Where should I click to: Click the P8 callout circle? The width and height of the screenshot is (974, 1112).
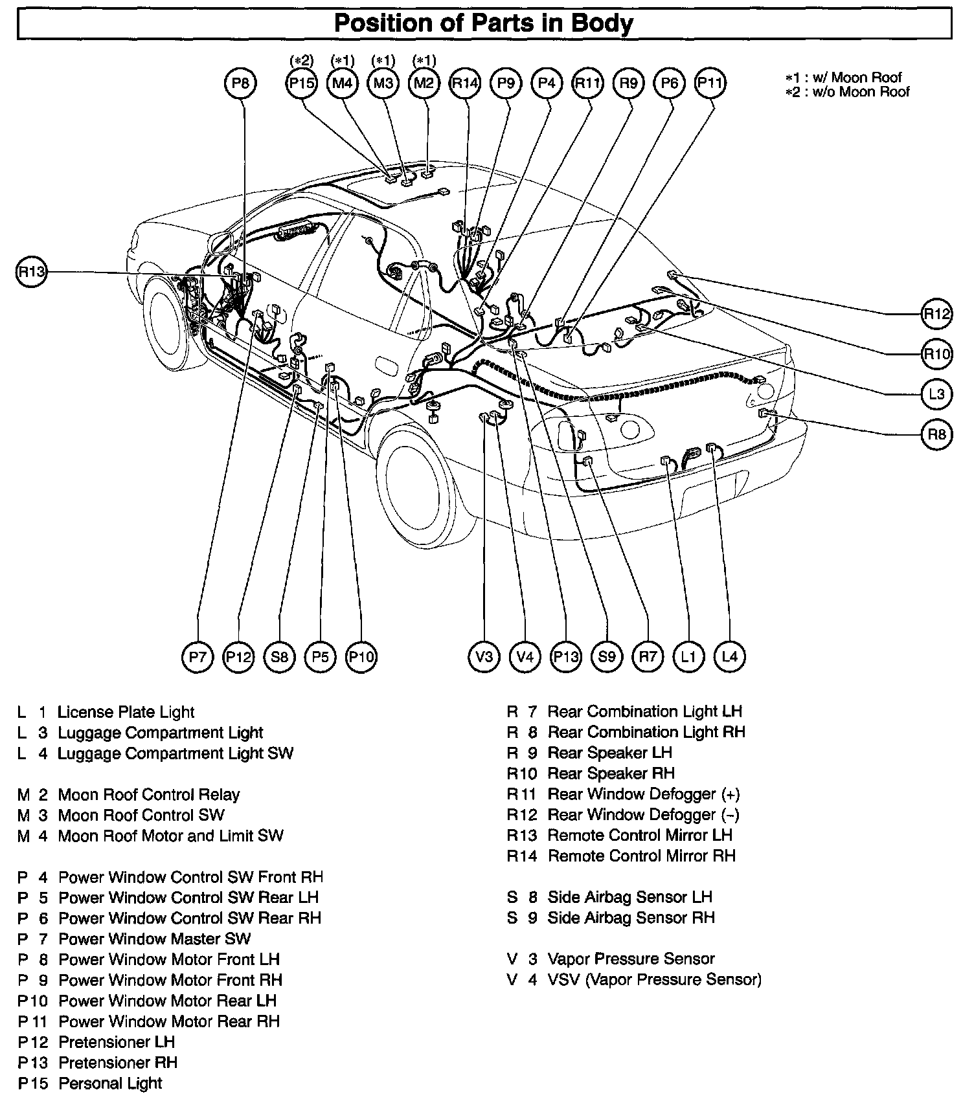[x=240, y=83]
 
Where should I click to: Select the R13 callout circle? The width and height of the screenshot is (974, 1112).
[x=31, y=272]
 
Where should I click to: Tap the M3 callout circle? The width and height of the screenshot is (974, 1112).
[x=383, y=83]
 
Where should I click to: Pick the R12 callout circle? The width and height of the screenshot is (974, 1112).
[x=936, y=314]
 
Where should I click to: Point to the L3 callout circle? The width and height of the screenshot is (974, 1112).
[x=936, y=394]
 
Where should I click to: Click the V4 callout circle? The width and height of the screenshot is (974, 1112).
[x=525, y=657]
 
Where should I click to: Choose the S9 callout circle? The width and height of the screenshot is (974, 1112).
[x=607, y=657]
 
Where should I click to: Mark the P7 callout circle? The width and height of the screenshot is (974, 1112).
[x=198, y=657]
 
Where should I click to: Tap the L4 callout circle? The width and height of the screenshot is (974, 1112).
[x=729, y=657]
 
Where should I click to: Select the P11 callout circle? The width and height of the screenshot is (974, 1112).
[x=710, y=83]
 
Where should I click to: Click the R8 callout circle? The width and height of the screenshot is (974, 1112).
[x=936, y=434]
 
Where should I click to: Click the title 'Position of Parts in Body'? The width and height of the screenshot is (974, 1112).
[x=484, y=24]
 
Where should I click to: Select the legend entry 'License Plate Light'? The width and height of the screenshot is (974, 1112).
[x=126, y=712]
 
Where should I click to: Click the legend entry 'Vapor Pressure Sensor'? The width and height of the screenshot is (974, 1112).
[x=631, y=959]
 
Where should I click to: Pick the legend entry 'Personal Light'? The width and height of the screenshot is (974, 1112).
[x=110, y=1083]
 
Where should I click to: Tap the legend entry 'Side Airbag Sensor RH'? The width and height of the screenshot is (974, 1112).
[x=631, y=917]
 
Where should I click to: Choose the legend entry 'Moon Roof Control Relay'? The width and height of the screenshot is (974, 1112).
[x=148, y=794]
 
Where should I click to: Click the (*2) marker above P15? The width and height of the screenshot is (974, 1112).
[x=301, y=61]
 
